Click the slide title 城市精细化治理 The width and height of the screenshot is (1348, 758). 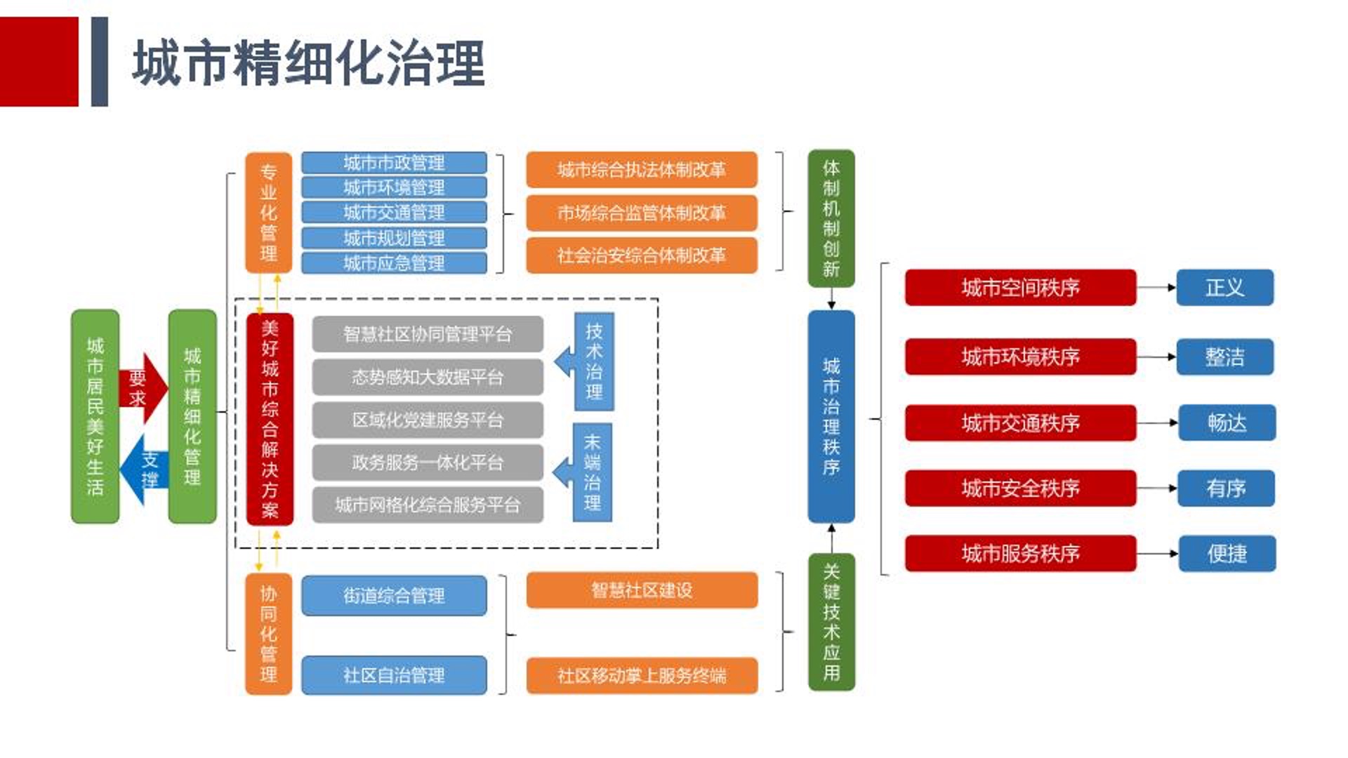tap(309, 63)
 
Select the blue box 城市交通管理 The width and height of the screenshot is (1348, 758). tap(394, 213)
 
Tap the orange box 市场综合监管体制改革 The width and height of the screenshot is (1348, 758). tap(642, 213)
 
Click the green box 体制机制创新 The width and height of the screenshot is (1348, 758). tap(831, 218)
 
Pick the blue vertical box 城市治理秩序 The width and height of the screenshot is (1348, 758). tap(831, 416)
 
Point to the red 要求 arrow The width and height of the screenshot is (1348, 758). tap(143, 388)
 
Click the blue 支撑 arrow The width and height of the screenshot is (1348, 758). tap(143, 470)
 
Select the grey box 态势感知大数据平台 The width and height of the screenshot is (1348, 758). tap(428, 378)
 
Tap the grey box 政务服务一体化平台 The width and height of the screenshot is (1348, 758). tap(428, 463)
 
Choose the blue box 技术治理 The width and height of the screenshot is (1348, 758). tap(594, 361)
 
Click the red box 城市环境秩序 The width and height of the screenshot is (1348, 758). tap(1020, 357)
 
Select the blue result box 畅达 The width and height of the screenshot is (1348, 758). tap(1227, 423)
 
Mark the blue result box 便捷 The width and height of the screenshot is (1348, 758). tap(1227, 554)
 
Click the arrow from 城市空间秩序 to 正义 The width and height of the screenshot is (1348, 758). tap(1156, 288)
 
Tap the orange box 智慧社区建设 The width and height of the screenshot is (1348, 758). tap(642, 590)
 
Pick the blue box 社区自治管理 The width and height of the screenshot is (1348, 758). tap(394, 675)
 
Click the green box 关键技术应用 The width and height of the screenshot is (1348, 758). tap(831, 622)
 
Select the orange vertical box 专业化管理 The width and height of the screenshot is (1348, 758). tap(268, 213)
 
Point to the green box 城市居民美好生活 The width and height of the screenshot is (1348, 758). tap(95, 416)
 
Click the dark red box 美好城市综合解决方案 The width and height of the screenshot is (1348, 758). tap(270, 419)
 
